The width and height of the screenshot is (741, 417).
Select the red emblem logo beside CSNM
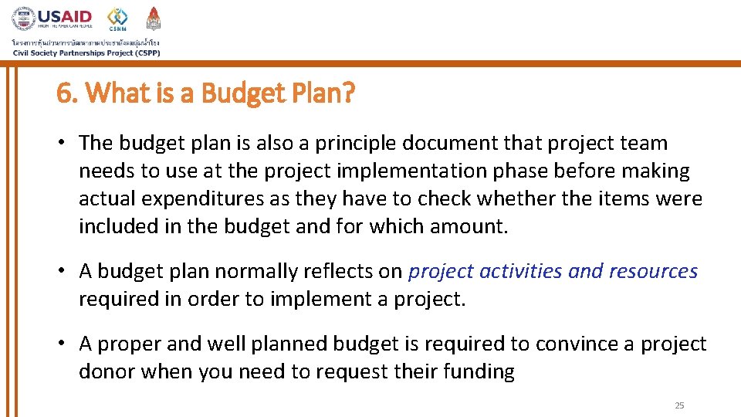154,18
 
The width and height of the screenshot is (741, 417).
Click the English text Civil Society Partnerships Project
86,53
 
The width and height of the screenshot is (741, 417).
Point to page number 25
679,405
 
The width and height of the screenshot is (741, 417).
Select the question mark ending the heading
350,93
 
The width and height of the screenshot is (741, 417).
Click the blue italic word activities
521,271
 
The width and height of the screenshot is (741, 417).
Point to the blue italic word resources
653,271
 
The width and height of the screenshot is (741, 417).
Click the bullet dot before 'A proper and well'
64,344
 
